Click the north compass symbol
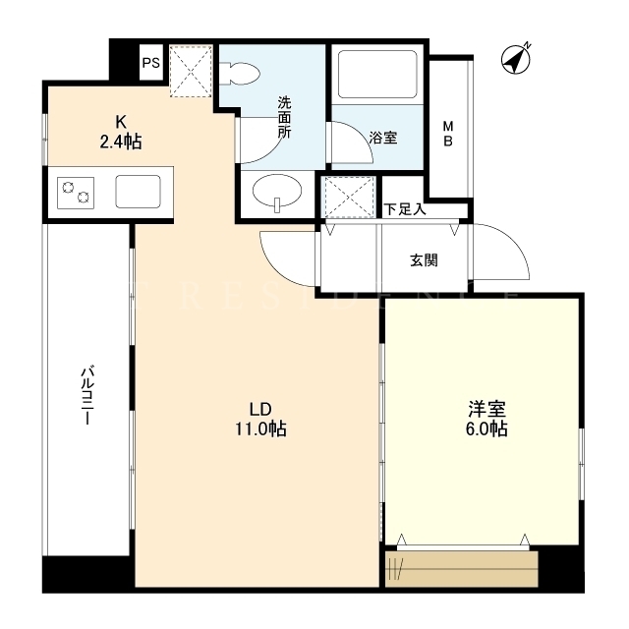(516, 59)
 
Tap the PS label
(150, 63)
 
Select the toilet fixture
(241, 74)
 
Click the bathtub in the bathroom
(377, 75)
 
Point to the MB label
(448, 134)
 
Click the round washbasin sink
(277, 192)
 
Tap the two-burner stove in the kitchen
(76, 193)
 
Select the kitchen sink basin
(138, 192)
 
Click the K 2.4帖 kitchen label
(120, 132)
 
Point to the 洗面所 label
(284, 118)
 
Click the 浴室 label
(383, 138)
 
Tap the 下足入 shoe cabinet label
(405, 209)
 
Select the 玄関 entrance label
(424, 260)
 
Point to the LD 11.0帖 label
(260, 420)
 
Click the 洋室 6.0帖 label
(486, 419)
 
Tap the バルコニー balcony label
(86, 394)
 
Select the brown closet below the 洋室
(461, 569)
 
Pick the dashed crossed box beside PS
(191, 71)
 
